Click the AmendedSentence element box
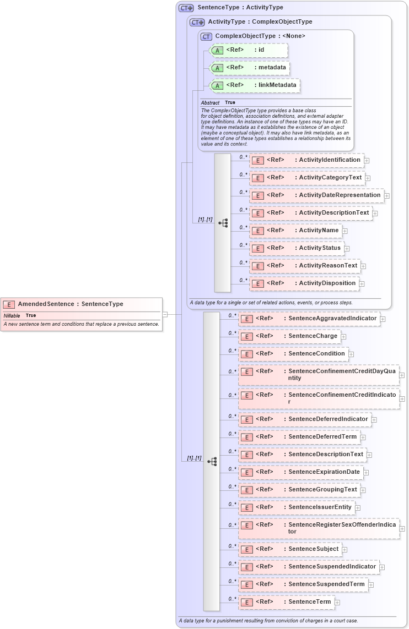(82, 304)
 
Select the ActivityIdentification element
(306, 160)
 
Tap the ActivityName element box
(295, 231)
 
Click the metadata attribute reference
(249, 68)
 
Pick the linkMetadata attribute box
(255, 85)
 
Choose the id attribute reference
(248, 50)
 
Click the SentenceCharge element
(289, 336)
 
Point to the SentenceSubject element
(290, 549)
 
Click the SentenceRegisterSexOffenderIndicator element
(319, 528)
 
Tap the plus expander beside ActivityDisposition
(362, 284)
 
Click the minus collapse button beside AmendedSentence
(165, 314)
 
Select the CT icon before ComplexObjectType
(206, 36)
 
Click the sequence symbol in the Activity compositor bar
(223, 223)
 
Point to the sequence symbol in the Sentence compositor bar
(212, 462)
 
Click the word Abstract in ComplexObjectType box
(210, 103)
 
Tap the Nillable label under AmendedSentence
(12, 315)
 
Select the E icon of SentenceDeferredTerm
(248, 437)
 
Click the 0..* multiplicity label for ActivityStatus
(243, 245)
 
